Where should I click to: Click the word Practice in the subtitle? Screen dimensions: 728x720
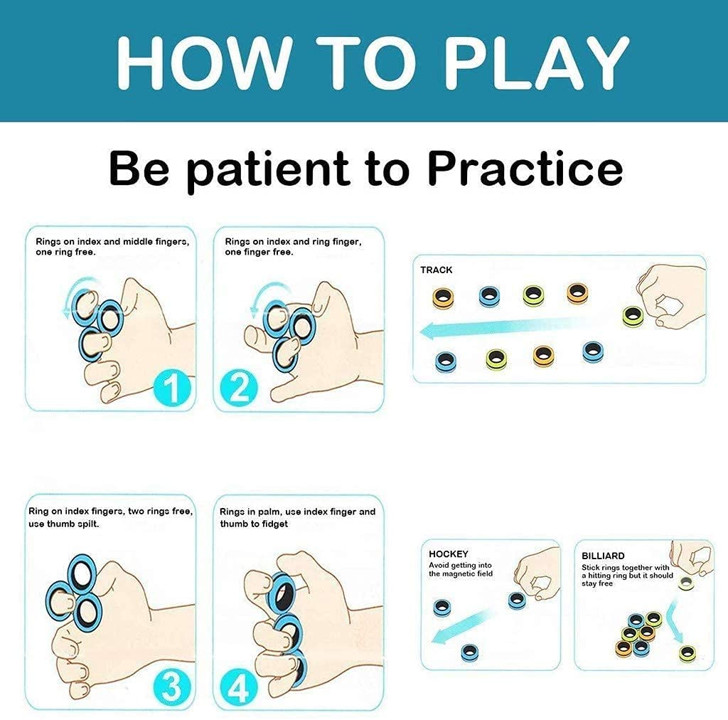[x=525, y=169]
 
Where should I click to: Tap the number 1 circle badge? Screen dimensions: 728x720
[x=172, y=388]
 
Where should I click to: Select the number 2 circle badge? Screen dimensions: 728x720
[x=239, y=388]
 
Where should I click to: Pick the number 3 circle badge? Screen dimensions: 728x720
[x=172, y=686]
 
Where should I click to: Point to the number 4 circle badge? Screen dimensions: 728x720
[x=239, y=687]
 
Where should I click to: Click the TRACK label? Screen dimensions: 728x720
[x=436, y=270]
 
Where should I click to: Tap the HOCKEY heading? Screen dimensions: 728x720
[x=449, y=554]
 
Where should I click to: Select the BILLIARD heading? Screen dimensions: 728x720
[x=603, y=556]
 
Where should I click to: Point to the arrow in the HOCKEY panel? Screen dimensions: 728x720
[x=460, y=627]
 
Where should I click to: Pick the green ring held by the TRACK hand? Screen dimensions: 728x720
[x=632, y=317]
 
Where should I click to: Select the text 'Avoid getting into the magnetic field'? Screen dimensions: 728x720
[x=461, y=569]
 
